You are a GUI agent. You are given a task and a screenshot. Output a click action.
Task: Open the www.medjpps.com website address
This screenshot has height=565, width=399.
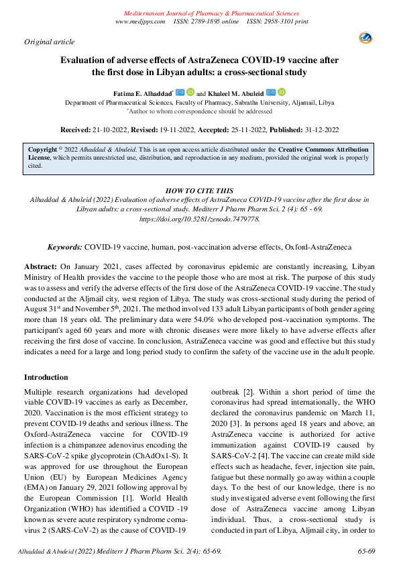pyautogui.click(x=140, y=22)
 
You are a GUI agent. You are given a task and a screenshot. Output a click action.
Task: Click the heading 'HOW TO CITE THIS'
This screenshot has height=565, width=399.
pyautogui.click(x=198, y=191)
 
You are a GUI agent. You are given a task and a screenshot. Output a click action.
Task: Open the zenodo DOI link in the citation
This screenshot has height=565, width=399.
pyautogui.click(x=198, y=219)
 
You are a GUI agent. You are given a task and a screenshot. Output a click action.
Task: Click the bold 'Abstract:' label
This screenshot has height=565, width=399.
pyautogui.click(x=41, y=266)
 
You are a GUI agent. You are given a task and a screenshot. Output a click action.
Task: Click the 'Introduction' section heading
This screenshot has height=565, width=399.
pyautogui.click(x=46, y=377)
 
